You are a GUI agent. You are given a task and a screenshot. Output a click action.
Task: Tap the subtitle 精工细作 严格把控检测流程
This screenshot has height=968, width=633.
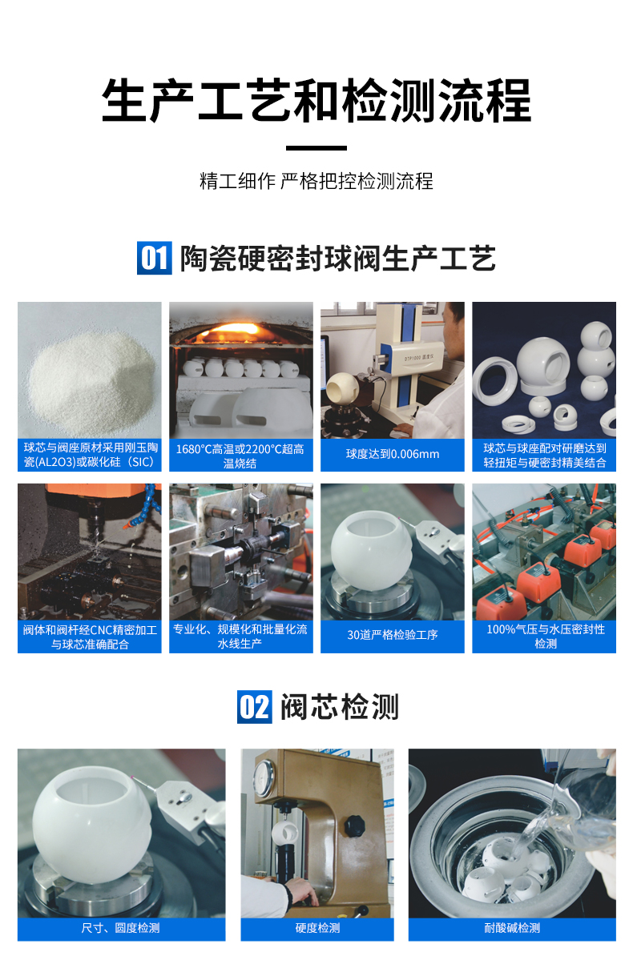(316, 181)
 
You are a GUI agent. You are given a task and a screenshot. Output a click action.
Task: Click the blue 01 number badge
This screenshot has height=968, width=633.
(154, 258)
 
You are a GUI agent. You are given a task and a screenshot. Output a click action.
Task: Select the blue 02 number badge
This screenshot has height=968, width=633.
(254, 707)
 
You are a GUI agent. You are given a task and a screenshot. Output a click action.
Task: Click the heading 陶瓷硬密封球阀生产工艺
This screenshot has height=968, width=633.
(337, 259)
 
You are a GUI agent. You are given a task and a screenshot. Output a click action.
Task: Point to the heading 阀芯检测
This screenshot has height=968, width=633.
(339, 707)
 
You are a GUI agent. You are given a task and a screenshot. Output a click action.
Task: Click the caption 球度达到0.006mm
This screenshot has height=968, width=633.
(393, 454)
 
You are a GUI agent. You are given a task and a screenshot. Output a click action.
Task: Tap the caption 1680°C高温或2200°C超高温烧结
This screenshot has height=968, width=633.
(240, 455)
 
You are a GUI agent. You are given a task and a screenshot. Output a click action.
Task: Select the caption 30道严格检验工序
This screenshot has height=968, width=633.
(393, 635)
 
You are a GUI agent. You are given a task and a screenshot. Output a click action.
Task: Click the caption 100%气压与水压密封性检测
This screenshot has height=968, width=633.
(545, 636)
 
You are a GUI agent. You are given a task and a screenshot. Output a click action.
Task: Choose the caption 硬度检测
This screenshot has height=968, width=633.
(317, 928)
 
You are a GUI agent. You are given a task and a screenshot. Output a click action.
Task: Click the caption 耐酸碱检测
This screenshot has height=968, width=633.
(512, 928)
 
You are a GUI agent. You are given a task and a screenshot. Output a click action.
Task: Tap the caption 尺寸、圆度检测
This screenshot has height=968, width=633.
(121, 928)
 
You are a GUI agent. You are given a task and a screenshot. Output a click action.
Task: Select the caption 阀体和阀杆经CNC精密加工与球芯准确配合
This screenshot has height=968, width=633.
(90, 636)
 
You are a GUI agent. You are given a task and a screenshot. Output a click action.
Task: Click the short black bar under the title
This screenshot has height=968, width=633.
(316, 148)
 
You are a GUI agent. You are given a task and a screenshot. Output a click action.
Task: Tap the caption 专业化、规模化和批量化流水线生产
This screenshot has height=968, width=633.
(240, 636)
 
